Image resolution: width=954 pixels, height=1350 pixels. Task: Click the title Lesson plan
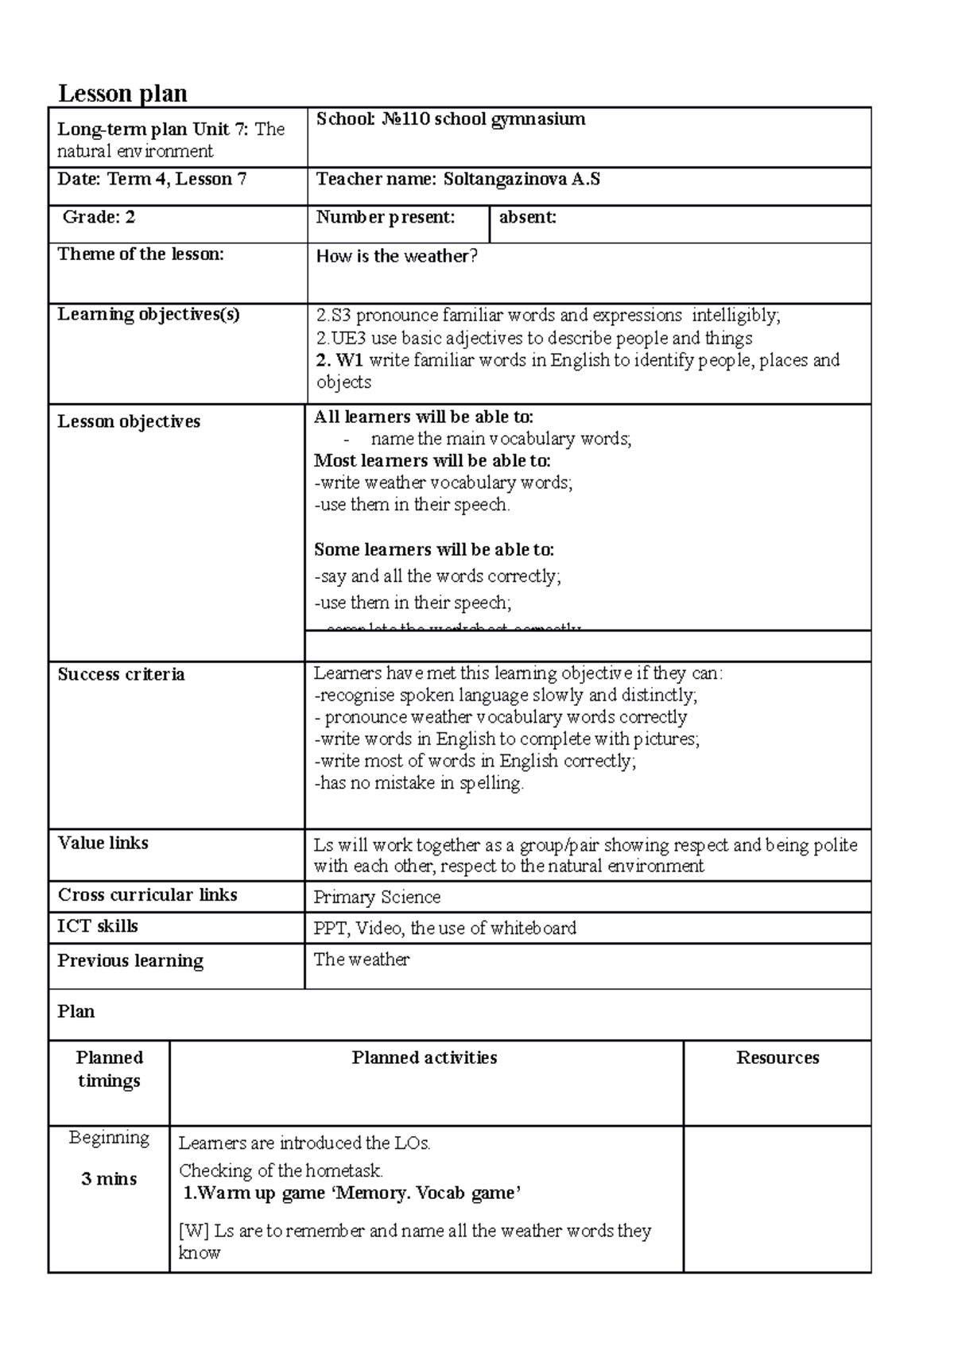point(122,94)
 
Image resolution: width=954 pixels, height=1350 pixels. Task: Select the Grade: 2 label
point(99,217)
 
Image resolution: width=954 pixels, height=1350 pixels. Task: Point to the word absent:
point(527,217)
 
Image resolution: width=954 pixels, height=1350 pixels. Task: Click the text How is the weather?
point(397,256)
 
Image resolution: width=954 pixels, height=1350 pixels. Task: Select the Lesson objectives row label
point(129,421)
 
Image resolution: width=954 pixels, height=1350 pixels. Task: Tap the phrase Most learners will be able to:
point(432,461)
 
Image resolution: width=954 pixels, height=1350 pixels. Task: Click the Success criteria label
point(121,674)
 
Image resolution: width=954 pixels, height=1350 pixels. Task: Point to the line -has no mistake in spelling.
point(419,783)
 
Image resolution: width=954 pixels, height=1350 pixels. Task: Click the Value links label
point(103,843)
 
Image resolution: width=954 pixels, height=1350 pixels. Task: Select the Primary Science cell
point(377,897)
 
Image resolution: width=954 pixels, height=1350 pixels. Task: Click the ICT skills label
point(97,926)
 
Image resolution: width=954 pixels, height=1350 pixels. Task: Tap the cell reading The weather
point(361,960)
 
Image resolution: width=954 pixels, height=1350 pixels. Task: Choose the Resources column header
point(777,1057)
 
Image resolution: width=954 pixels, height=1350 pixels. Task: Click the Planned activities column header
point(425,1057)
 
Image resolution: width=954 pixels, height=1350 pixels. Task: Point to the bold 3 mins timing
point(109,1179)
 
